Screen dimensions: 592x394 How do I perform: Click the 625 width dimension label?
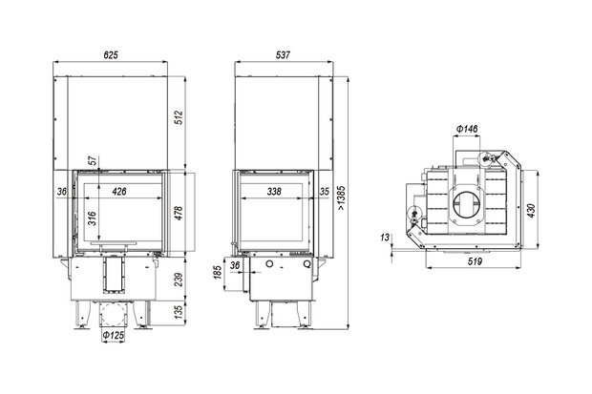[x=111, y=55]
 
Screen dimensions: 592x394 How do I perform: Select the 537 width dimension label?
[x=283, y=55]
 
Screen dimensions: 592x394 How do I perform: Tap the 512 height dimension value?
[x=179, y=117]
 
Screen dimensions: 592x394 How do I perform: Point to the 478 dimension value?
[x=179, y=213]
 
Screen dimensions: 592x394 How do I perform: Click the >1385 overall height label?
[x=341, y=197]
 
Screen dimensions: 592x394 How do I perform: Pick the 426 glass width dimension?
[x=119, y=192]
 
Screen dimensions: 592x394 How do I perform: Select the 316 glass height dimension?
[x=92, y=218]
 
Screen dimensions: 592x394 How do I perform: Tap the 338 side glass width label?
[x=274, y=192]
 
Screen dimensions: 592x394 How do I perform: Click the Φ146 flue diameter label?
[x=467, y=129]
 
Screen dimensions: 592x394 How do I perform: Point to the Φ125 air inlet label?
[x=114, y=335]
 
